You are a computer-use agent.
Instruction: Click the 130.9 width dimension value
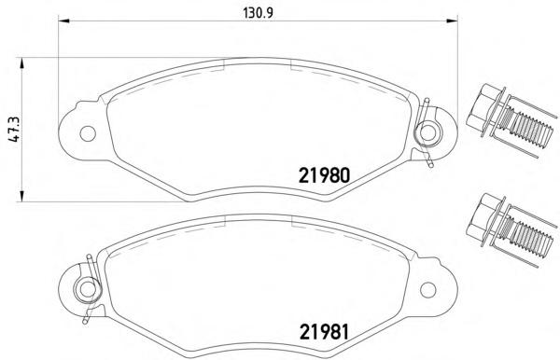pyautogui.click(x=258, y=13)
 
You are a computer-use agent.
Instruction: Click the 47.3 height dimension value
pyautogui.click(x=15, y=129)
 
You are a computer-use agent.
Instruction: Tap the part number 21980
pyautogui.click(x=324, y=175)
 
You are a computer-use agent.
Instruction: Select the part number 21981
pyautogui.click(x=324, y=332)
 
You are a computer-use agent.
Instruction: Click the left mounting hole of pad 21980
pyautogui.click(x=88, y=133)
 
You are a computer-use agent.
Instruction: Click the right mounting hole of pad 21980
pyautogui.click(x=427, y=132)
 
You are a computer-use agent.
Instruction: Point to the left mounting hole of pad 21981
pyautogui.click(x=87, y=289)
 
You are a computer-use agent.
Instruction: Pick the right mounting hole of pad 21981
pyautogui.click(x=427, y=290)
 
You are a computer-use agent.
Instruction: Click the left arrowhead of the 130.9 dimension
pyautogui.click(x=63, y=21)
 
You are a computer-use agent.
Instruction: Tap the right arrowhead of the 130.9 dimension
pyautogui.click(x=452, y=21)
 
